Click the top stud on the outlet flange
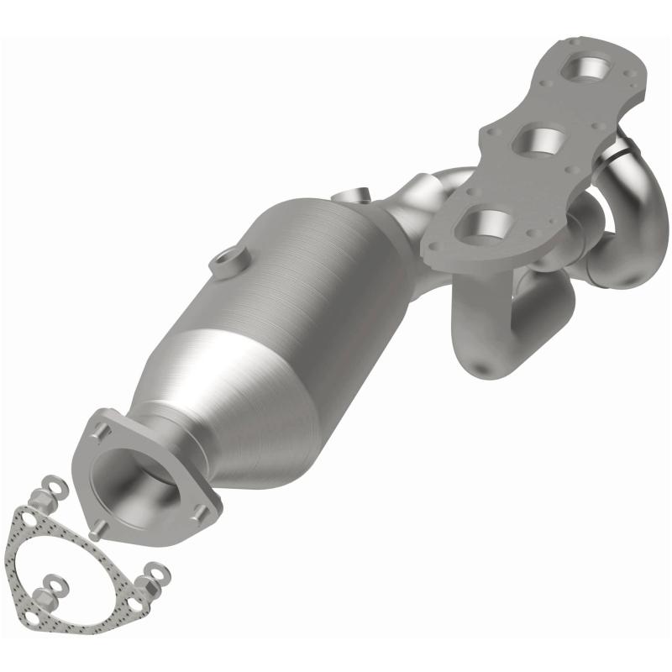[102, 430]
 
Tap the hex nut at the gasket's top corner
[41, 501]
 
